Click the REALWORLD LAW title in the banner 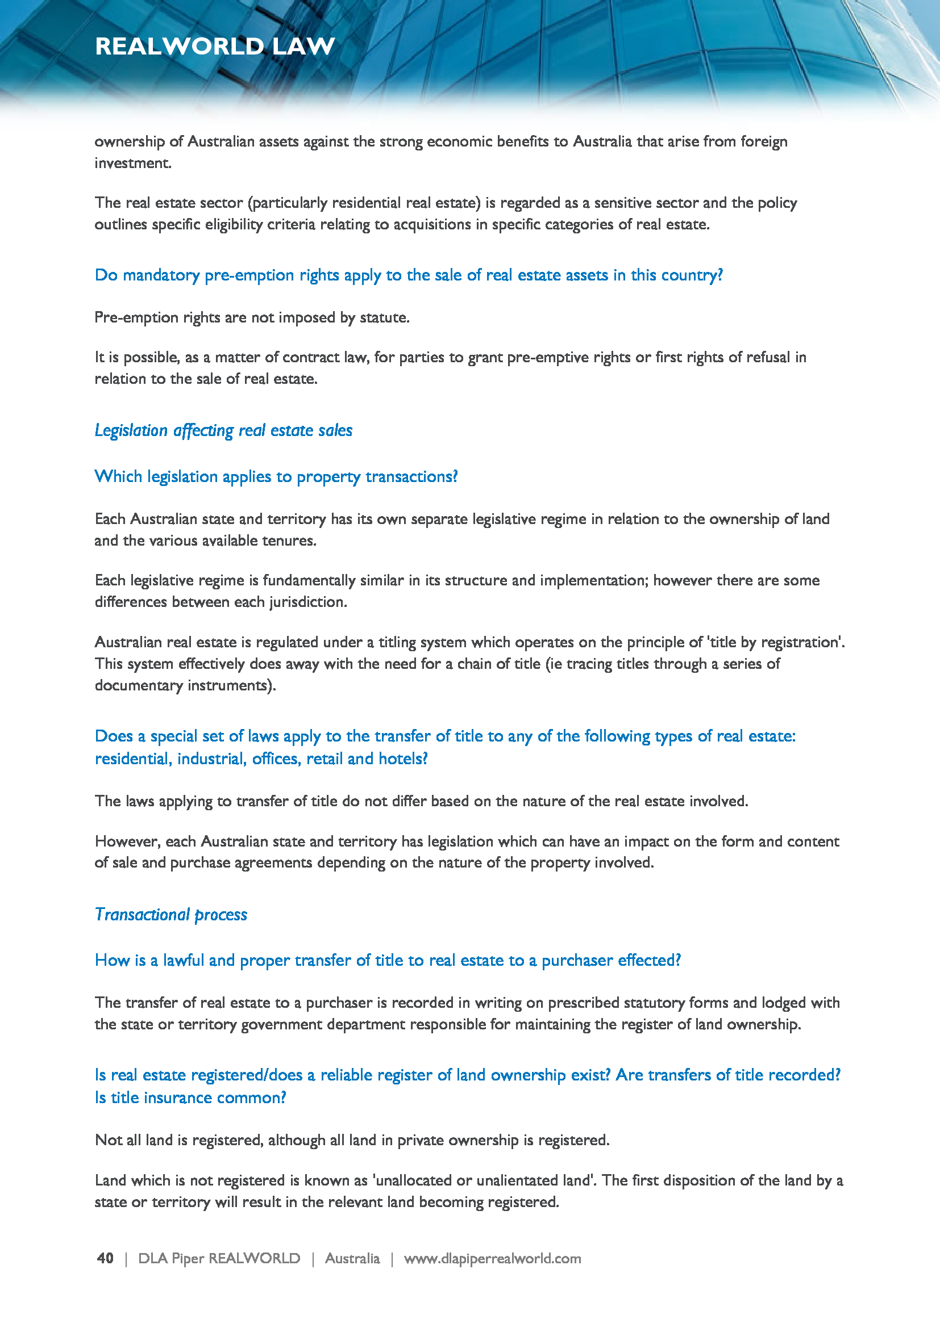coord(215,46)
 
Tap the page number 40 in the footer coord(105,1258)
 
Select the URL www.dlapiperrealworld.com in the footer coord(492,1258)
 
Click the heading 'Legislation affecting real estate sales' coord(223,430)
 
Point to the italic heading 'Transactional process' coord(170,915)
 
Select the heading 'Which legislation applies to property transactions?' coord(276,476)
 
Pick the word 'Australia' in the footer coord(352,1258)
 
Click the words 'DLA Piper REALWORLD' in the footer coord(219,1258)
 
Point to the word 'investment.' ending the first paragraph coord(133,163)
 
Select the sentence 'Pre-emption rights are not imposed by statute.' coord(252,317)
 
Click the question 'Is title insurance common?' coord(190,1098)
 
